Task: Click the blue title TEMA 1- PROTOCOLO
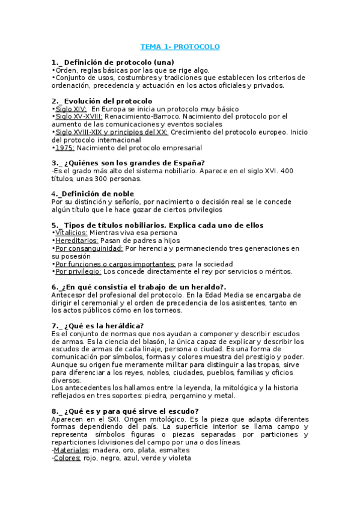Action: (x=180, y=46)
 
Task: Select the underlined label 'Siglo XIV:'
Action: (x=71, y=109)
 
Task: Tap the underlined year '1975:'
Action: (x=65, y=148)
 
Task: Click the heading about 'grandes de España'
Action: (x=129, y=163)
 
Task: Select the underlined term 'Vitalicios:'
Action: (x=71, y=233)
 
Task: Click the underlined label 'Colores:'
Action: (x=67, y=458)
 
